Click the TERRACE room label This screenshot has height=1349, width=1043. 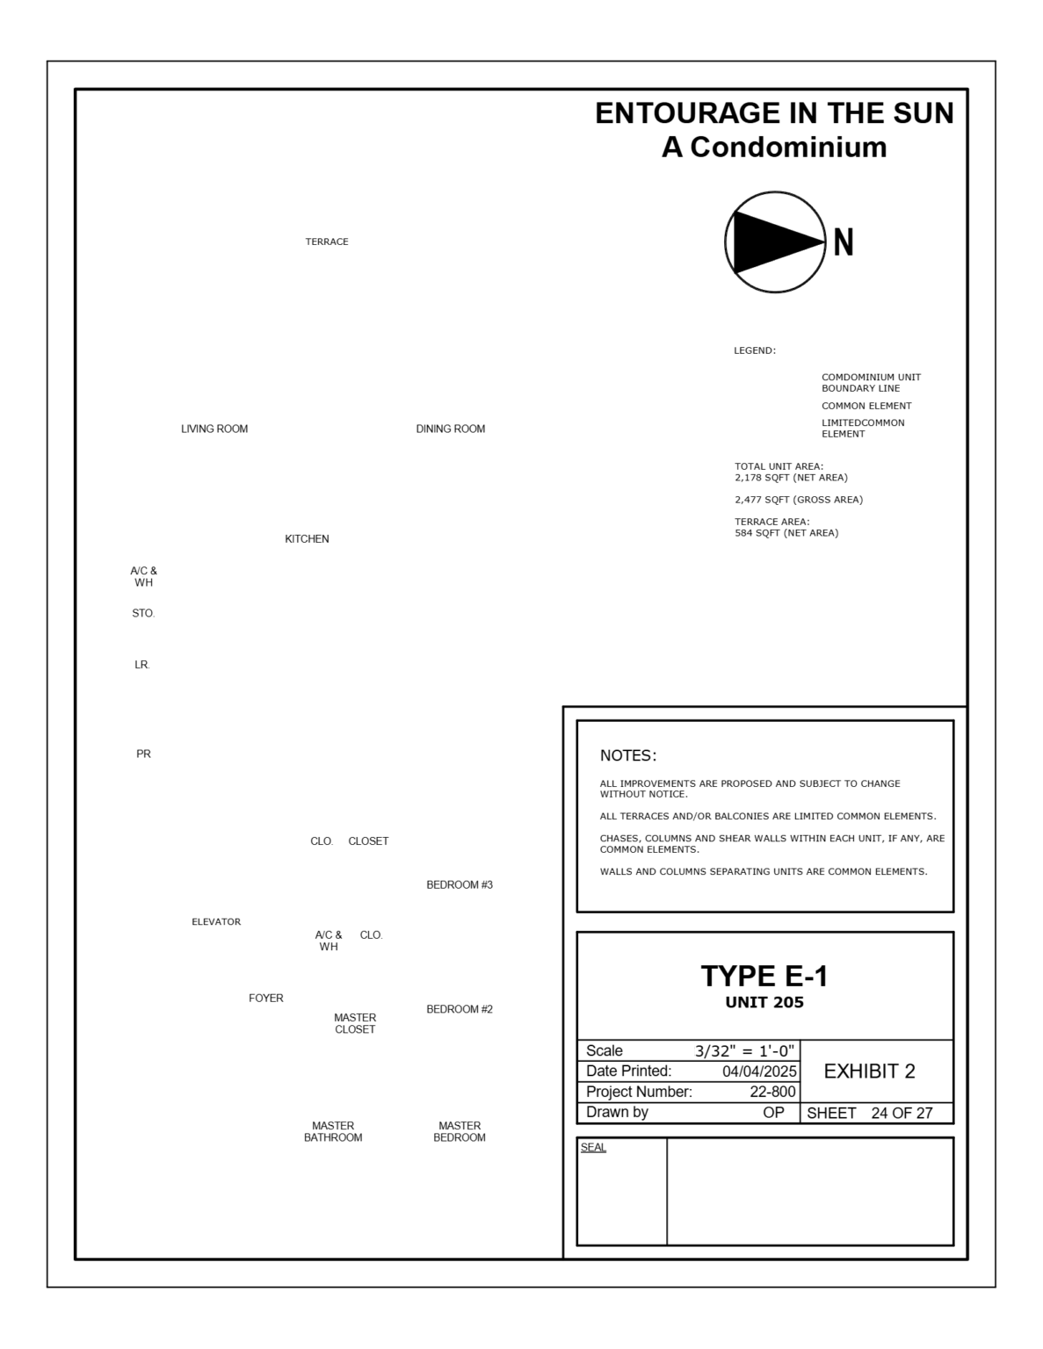[327, 242]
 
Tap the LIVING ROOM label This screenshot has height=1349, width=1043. [214, 429]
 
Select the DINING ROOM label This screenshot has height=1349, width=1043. [450, 429]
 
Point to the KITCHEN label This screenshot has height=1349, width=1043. [307, 538]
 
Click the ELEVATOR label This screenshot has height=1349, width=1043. [216, 921]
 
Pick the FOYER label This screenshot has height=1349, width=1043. [265, 998]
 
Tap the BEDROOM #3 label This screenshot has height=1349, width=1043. [460, 884]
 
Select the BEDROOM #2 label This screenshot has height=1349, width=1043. [460, 1009]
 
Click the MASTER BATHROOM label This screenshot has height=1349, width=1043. [333, 1131]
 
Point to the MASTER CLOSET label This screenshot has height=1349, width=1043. [355, 1023]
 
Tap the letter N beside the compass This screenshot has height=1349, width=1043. [843, 242]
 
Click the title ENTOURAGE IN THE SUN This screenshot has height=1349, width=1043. [774, 113]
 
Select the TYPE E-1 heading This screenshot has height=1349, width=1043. [764, 976]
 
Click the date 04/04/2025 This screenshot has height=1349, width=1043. [759, 1071]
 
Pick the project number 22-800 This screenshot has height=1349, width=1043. [772, 1092]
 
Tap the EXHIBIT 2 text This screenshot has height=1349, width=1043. [869, 1071]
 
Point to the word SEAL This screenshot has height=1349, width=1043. [593, 1147]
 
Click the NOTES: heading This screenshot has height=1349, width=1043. [628, 755]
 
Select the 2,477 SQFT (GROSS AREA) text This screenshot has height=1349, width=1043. [799, 500]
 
